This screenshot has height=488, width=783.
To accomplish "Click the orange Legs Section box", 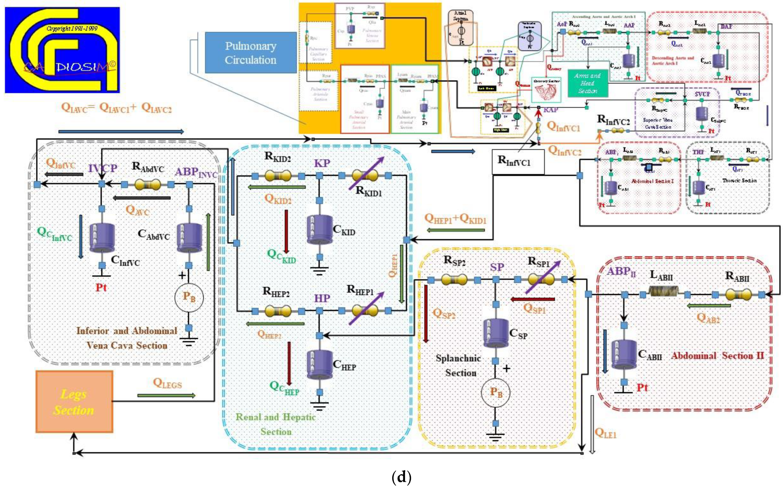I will [74, 402].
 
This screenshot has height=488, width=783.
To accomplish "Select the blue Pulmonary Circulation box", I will [251, 53].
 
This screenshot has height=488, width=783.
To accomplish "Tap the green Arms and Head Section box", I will [588, 83].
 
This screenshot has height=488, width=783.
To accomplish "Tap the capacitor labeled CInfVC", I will [102, 237].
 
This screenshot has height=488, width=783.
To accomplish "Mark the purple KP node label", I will [322, 163].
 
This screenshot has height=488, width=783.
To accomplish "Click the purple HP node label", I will [322, 298].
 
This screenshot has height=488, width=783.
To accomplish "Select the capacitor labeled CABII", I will [624, 354].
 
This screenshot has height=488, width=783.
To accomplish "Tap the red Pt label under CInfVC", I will [101, 287].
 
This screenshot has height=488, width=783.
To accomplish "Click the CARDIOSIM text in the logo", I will [69, 67].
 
